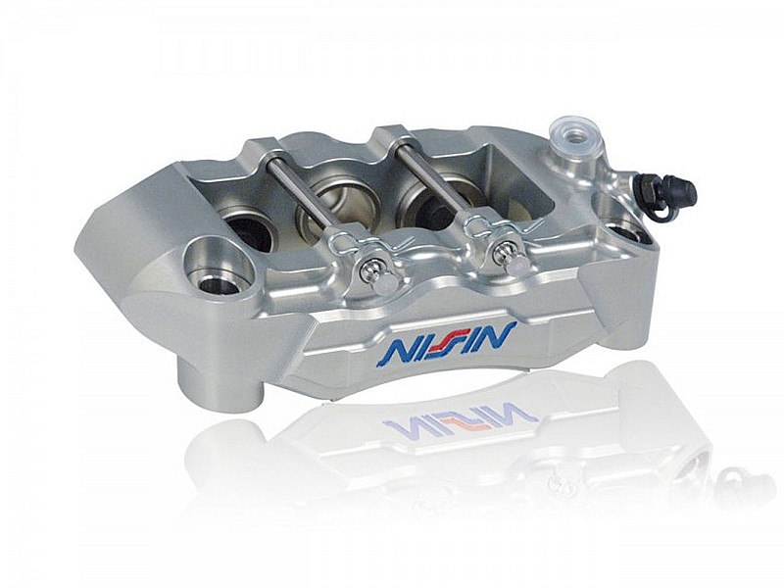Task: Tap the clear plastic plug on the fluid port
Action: coord(574,133)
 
